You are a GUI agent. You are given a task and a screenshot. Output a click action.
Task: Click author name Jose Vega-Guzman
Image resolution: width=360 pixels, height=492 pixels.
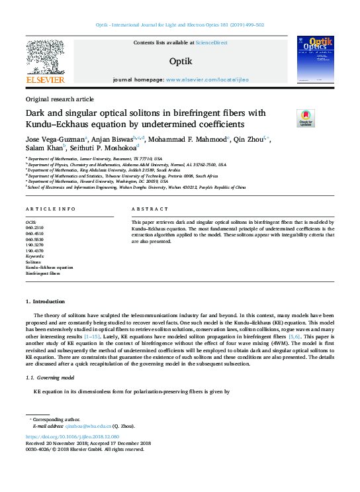coord(54,140)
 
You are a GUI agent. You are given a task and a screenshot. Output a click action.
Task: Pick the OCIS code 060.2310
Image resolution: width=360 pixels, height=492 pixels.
coord(35,226)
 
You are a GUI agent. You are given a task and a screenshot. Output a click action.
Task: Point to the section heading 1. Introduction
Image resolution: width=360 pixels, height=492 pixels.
coord(46,301)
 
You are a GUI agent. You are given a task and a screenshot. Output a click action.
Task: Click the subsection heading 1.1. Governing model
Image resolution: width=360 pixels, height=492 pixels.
coord(52,377)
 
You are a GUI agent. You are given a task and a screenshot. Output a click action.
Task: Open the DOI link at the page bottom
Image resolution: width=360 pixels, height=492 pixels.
coord(72,437)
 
